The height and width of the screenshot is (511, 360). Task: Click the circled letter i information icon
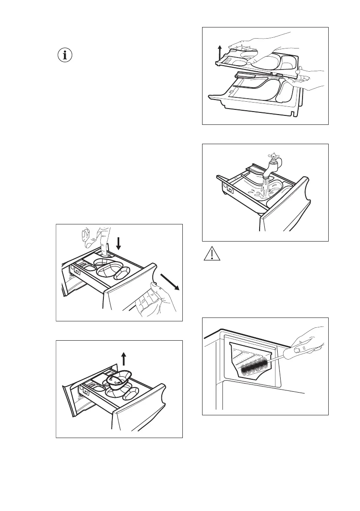66,55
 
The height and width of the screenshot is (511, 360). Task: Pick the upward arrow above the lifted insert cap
124,357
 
